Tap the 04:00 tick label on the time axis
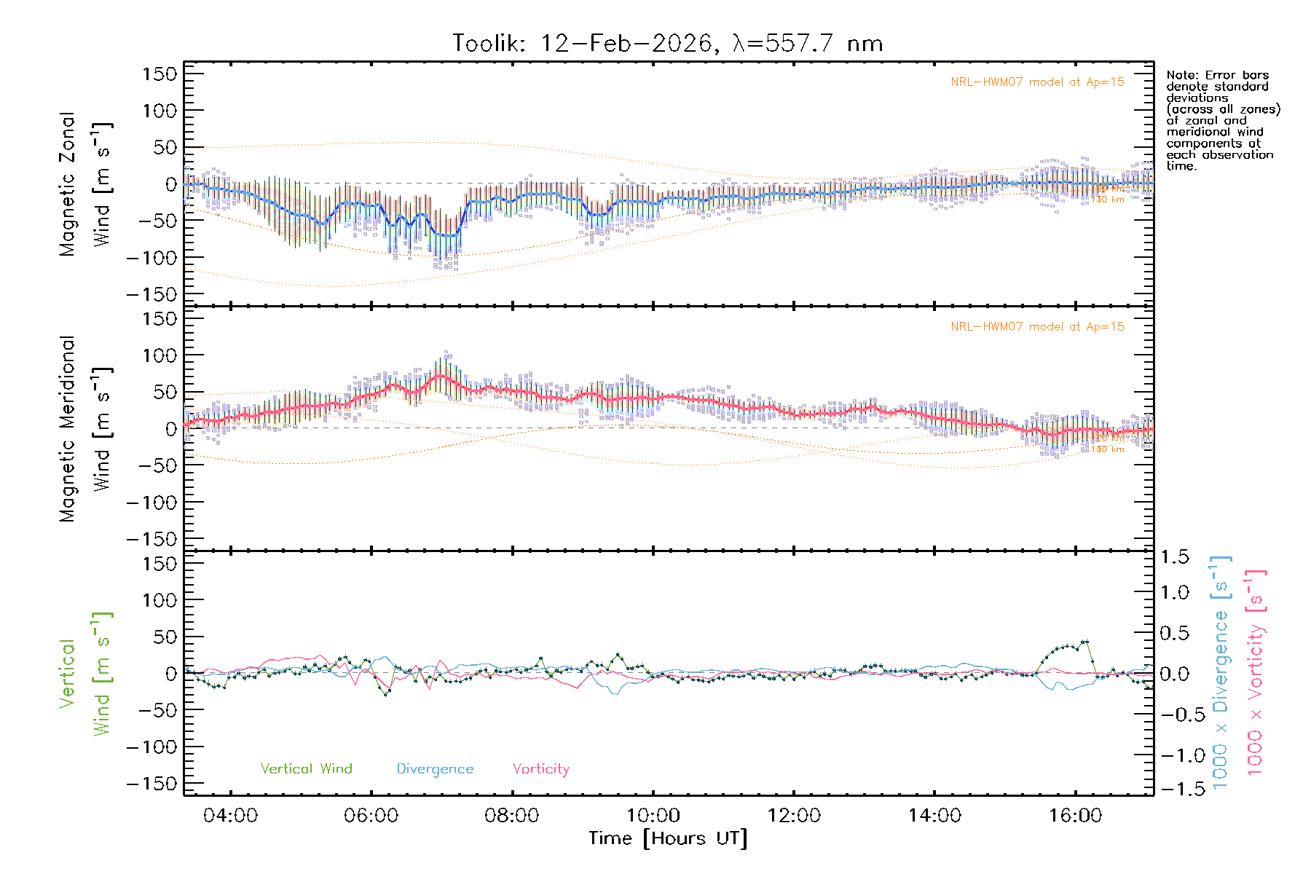(x=230, y=816)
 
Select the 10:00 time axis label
(x=653, y=816)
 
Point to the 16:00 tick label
(x=1075, y=816)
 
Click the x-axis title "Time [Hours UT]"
(x=668, y=839)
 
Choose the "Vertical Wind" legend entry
(x=306, y=769)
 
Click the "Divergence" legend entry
(x=435, y=769)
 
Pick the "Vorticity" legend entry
(x=540, y=769)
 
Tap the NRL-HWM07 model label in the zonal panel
(x=1037, y=82)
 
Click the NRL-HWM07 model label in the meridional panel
(x=1037, y=327)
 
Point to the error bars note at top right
(x=1222, y=120)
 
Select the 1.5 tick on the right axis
(x=1174, y=557)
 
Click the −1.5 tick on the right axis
(x=1174, y=789)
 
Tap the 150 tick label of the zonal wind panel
(x=160, y=74)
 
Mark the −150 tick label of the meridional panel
(x=152, y=539)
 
